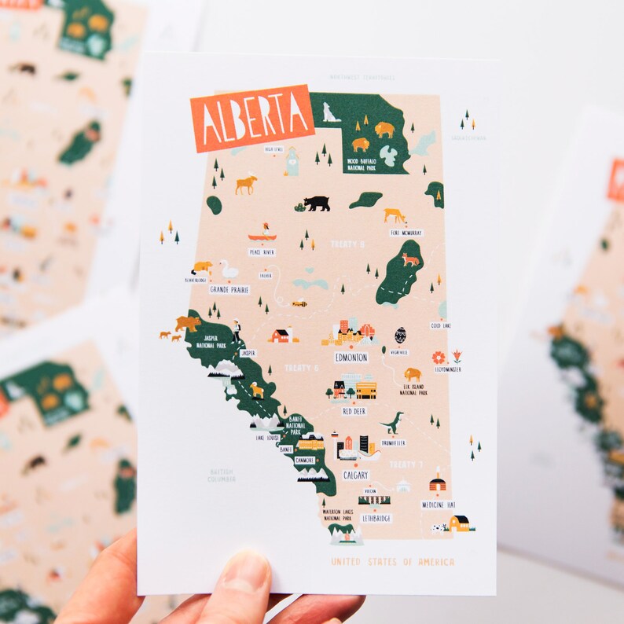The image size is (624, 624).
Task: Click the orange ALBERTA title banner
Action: point(252,118)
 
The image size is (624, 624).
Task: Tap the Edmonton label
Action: point(351,358)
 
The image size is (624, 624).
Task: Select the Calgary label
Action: point(355,475)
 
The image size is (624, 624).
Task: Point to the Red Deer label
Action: point(354,410)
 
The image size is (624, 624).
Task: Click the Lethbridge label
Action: point(375,519)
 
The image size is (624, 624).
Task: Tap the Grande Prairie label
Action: point(229,289)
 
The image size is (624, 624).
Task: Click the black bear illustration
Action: point(317,204)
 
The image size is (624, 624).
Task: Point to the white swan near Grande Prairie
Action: point(228,270)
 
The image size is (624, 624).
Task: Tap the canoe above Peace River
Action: point(262,235)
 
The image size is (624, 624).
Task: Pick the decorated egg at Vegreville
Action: point(401,335)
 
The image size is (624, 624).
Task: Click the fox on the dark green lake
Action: point(409,259)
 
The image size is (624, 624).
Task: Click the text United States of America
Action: point(392,562)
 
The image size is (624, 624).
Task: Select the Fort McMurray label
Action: point(406,233)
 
